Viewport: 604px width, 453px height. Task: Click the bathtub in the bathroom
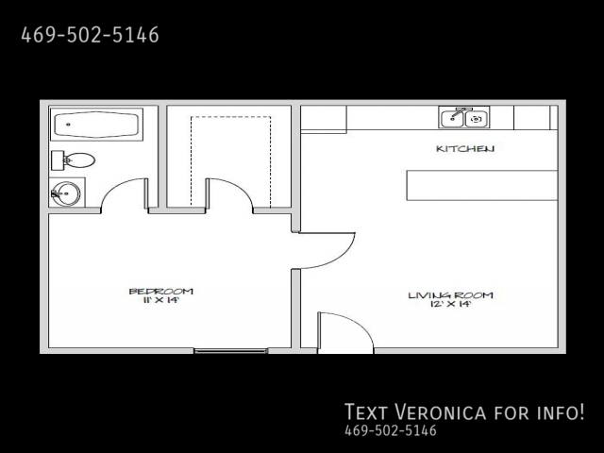(96, 125)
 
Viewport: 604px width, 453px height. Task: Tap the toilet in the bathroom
(74, 160)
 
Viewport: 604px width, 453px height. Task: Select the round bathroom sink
(65, 193)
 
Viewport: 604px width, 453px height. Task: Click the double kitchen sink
(464, 117)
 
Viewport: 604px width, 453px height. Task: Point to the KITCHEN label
(465, 149)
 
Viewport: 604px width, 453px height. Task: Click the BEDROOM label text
(161, 292)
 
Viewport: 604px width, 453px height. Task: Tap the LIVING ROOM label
(451, 295)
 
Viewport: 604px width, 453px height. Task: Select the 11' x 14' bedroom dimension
(161, 300)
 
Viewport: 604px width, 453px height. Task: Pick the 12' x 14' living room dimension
(451, 304)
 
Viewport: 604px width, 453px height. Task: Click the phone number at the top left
(90, 35)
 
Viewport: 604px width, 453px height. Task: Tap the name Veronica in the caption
(441, 411)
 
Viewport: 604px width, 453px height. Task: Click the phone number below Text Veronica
(391, 430)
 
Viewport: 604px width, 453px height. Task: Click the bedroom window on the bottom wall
(230, 351)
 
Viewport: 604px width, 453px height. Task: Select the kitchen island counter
(482, 185)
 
